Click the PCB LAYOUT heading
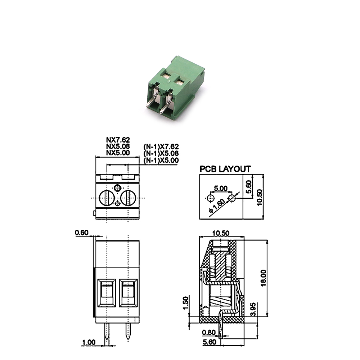tap(225, 169)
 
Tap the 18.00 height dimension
tap(264, 278)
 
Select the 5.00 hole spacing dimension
tap(220, 189)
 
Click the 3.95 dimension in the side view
tap(253, 309)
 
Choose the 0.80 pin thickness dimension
tap(209, 332)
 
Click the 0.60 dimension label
tap(81, 233)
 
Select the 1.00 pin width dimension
tap(89, 342)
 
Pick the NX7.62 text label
tap(118, 140)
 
